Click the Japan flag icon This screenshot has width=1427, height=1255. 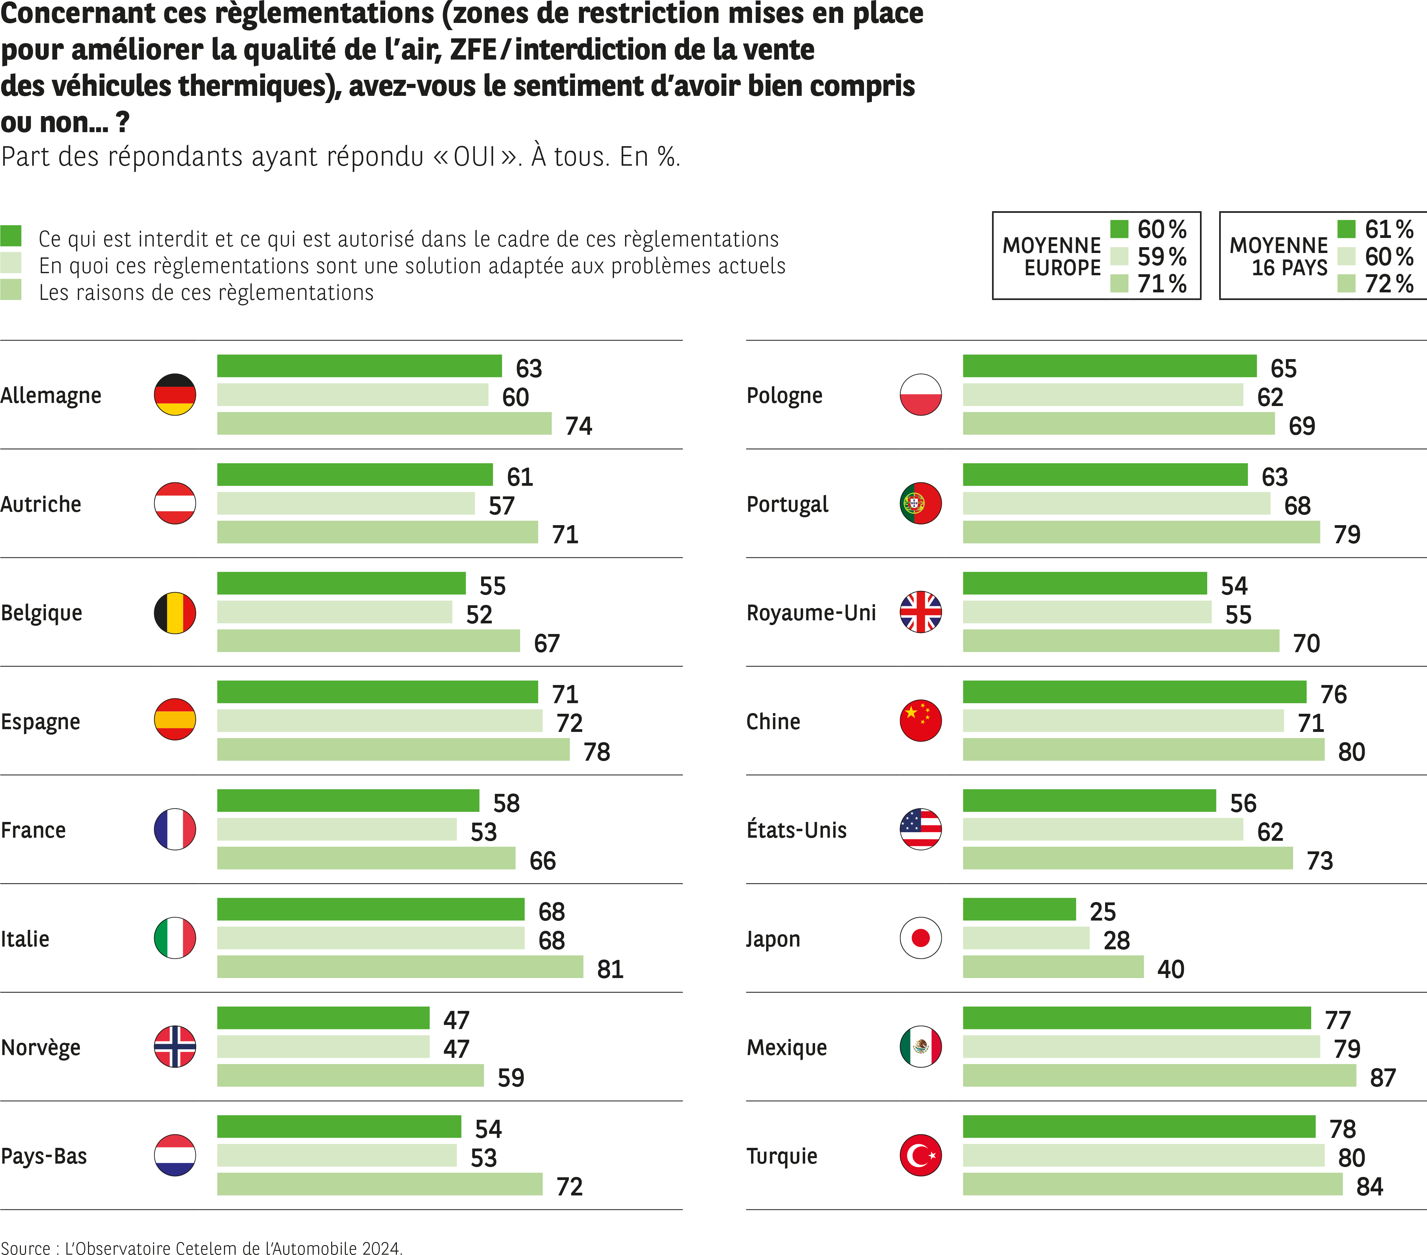point(920,938)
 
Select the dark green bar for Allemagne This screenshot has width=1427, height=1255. point(359,366)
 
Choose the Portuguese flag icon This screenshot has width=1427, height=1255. point(920,503)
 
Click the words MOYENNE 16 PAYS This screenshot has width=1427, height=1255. point(1278,256)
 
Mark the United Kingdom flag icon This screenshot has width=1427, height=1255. point(920,612)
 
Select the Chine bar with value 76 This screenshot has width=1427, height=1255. point(1134,692)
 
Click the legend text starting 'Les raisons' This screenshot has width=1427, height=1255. point(206,292)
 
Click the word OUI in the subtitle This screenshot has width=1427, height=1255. point(475,156)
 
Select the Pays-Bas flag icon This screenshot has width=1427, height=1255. point(175,1155)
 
